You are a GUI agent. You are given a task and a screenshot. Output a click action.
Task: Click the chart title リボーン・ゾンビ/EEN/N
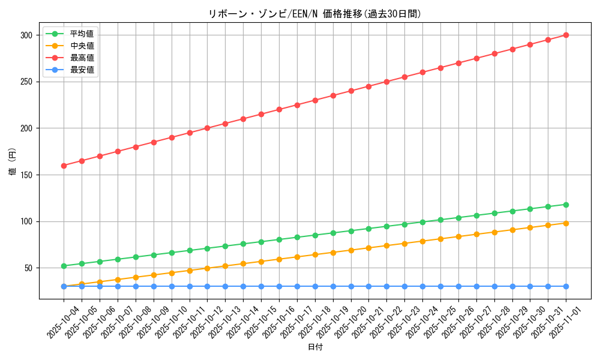point(314,14)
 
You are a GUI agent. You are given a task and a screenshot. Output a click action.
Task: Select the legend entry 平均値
point(82,34)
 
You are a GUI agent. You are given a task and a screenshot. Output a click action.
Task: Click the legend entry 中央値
point(82,46)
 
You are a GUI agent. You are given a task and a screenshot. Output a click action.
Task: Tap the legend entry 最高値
point(82,58)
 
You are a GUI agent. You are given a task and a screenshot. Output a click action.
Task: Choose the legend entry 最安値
point(82,70)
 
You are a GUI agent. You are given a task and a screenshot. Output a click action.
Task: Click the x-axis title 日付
point(314,347)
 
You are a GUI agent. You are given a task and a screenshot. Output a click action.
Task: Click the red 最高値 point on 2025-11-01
point(566,35)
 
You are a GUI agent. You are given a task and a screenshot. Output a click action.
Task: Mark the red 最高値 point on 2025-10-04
point(64,166)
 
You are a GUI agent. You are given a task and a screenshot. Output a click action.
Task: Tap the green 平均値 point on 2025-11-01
point(566,205)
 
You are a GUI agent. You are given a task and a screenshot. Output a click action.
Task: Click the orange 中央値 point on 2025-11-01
point(566,223)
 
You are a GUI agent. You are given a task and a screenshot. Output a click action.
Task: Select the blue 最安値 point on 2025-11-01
point(566,286)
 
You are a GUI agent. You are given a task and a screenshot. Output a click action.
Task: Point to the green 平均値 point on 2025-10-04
point(64,266)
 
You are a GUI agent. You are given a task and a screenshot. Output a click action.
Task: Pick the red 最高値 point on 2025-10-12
point(207,128)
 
